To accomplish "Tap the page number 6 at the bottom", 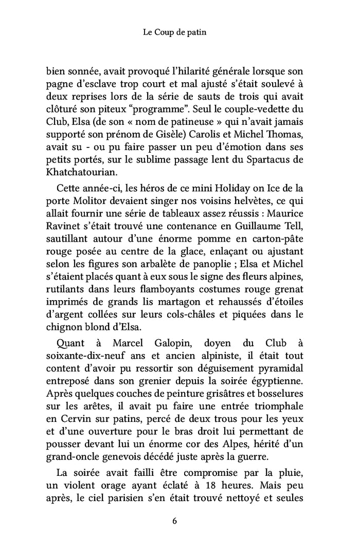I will point(175,521).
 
